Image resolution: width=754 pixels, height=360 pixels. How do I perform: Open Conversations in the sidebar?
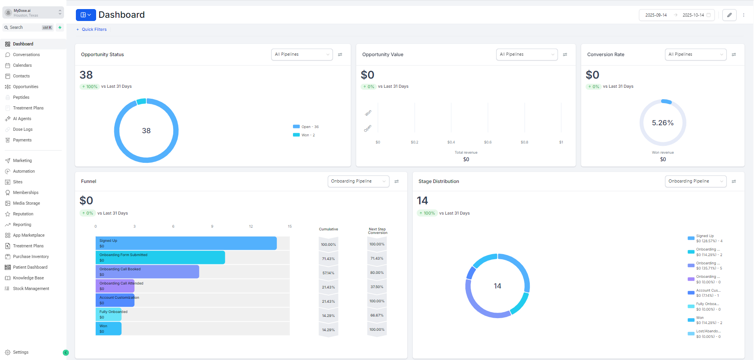pos(26,55)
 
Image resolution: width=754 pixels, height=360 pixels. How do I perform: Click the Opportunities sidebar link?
pos(25,87)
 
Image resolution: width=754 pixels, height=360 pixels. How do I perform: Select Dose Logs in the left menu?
pos(23,129)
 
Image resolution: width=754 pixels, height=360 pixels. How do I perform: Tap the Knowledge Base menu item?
pos(28,278)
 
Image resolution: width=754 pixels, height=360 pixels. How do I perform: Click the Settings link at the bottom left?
pos(21,352)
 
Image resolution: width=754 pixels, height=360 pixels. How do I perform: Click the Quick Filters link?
pos(94,29)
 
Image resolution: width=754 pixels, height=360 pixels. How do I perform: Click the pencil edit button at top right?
pos(729,15)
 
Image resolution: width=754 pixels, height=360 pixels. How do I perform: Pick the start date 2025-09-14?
pos(656,15)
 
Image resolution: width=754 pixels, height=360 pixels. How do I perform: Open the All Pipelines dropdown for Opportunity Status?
pos(302,55)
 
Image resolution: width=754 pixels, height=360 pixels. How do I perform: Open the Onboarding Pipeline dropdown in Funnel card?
pos(358,181)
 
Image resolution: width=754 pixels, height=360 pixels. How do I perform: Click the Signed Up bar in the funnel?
pos(186,243)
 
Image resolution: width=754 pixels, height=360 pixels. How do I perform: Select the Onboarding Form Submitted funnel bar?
pos(160,257)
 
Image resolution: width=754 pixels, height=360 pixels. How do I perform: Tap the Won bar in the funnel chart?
pos(108,328)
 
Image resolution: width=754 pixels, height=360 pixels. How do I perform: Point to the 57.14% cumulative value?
pos(328,273)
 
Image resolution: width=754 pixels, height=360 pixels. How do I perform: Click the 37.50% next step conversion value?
pos(377,287)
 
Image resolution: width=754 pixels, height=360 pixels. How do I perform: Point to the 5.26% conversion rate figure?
pos(663,123)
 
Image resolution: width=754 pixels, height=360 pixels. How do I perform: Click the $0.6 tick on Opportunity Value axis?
pos(488,142)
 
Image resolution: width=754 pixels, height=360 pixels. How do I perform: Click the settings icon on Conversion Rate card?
pos(734,55)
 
